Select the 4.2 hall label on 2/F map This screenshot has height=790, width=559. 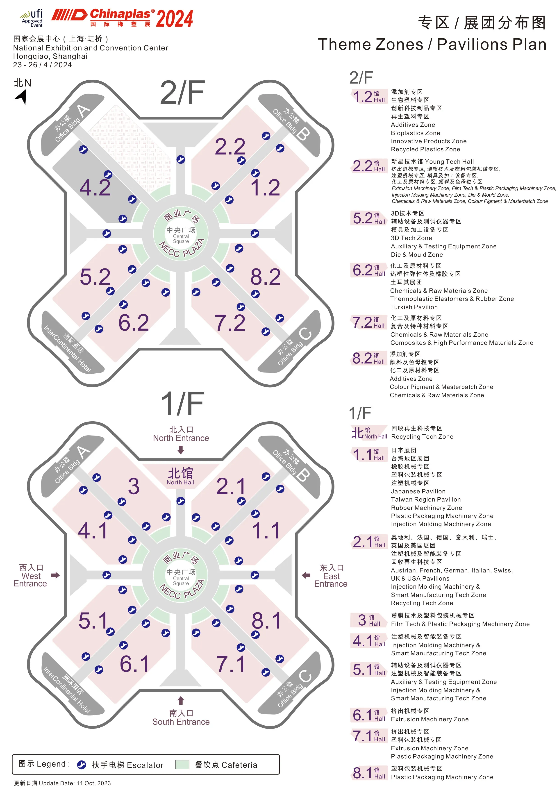pos(95,188)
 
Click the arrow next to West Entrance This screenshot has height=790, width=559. pos(55,575)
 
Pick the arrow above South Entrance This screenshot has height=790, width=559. pos(181,700)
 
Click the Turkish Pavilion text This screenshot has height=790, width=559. pos(414,307)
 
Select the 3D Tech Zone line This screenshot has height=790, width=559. pos(411,238)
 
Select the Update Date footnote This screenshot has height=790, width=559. pos(62,783)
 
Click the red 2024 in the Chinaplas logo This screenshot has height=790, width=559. pos(175,19)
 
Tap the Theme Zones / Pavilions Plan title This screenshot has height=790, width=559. pos(432,44)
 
